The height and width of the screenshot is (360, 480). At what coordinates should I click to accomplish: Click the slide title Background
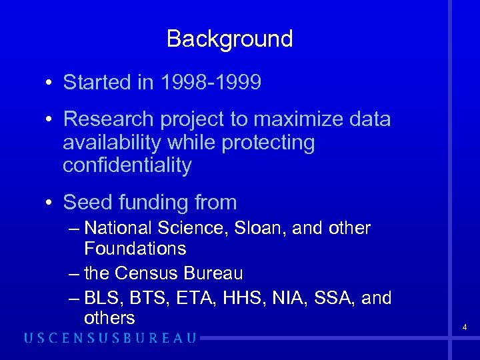click(229, 39)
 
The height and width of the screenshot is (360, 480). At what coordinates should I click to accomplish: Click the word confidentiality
click(127, 165)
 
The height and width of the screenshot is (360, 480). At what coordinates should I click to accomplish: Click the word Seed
click(85, 202)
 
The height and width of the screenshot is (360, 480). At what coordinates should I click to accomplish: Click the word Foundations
click(135, 249)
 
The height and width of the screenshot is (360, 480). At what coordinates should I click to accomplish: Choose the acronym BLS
click(102, 297)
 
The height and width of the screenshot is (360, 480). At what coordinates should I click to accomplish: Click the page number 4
click(465, 327)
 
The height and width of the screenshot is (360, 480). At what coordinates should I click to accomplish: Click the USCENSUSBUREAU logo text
click(111, 338)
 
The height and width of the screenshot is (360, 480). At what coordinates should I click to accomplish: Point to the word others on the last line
click(109, 318)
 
